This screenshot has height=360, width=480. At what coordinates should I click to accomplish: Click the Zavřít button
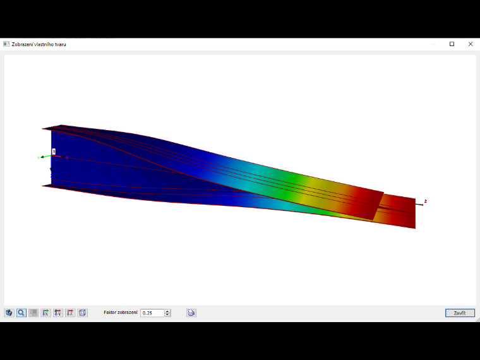tap(460, 313)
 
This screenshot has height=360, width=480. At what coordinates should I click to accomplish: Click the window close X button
tap(471, 44)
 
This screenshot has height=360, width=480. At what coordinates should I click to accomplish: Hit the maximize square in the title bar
tap(452, 44)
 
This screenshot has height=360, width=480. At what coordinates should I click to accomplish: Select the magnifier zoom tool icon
tap(21, 313)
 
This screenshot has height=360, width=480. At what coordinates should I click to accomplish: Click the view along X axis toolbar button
tap(45, 313)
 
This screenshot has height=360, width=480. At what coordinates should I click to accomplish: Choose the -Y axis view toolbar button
tap(58, 313)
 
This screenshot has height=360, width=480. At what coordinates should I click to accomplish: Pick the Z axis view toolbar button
tap(70, 313)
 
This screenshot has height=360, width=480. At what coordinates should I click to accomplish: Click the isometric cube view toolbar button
tap(82, 313)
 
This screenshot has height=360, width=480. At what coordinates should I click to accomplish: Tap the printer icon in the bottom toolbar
tap(191, 313)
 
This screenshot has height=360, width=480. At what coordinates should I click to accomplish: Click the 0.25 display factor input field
tap(152, 313)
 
